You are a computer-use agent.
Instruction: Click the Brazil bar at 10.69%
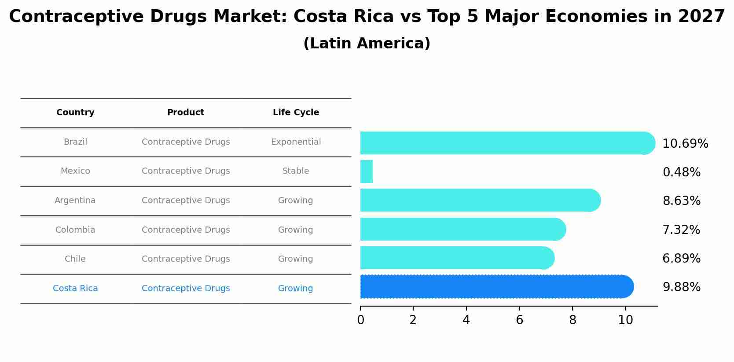506,143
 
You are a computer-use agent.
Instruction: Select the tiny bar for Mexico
366,172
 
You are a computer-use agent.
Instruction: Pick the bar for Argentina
480,200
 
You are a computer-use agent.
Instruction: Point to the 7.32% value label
681,230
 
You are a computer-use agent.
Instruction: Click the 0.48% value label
681,172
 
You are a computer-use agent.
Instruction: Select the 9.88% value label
681,287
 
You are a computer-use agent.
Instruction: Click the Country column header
75,113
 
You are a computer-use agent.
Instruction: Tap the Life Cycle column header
296,113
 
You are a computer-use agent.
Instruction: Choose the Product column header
186,113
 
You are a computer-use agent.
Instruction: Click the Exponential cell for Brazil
296,142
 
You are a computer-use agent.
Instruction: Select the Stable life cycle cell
296,171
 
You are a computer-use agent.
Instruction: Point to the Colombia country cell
75,230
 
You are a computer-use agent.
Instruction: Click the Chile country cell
75,259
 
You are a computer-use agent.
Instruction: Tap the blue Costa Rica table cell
75,289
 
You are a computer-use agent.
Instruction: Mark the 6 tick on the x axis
519,320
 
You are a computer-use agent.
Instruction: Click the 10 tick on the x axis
625,320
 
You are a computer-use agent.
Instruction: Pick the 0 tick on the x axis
360,320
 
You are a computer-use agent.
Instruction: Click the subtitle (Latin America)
367,44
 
